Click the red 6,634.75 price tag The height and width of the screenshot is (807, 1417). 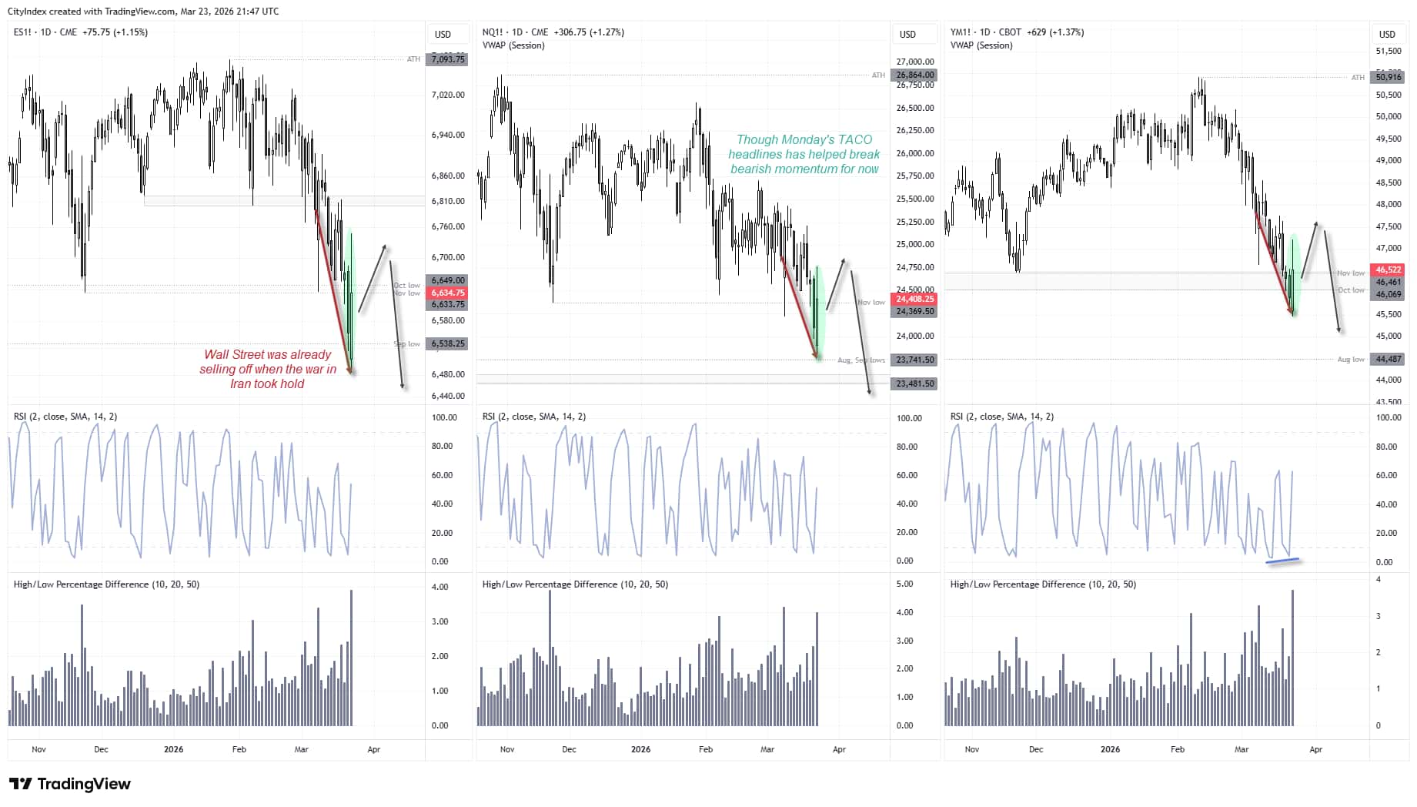[x=448, y=293]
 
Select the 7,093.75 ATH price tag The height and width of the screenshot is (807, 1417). [x=448, y=59]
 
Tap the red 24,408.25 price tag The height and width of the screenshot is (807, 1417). [x=914, y=299]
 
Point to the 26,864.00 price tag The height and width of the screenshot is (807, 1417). [x=914, y=75]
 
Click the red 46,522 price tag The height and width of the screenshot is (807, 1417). [x=1389, y=270]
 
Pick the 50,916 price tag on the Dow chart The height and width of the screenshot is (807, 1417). [x=1389, y=77]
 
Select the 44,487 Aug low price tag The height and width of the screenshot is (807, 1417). [x=1389, y=359]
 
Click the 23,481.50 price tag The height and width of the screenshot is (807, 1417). [x=914, y=383]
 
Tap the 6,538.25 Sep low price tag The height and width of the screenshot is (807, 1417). [x=448, y=343]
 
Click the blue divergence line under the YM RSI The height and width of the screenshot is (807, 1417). [x=1283, y=561]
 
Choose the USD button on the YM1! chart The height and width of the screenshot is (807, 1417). [x=1387, y=34]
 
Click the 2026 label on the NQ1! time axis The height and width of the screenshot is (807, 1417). [x=640, y=749]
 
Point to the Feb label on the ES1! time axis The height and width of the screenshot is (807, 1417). [x=239, y=749]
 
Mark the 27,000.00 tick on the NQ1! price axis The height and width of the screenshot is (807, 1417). [x=915, y=62]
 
